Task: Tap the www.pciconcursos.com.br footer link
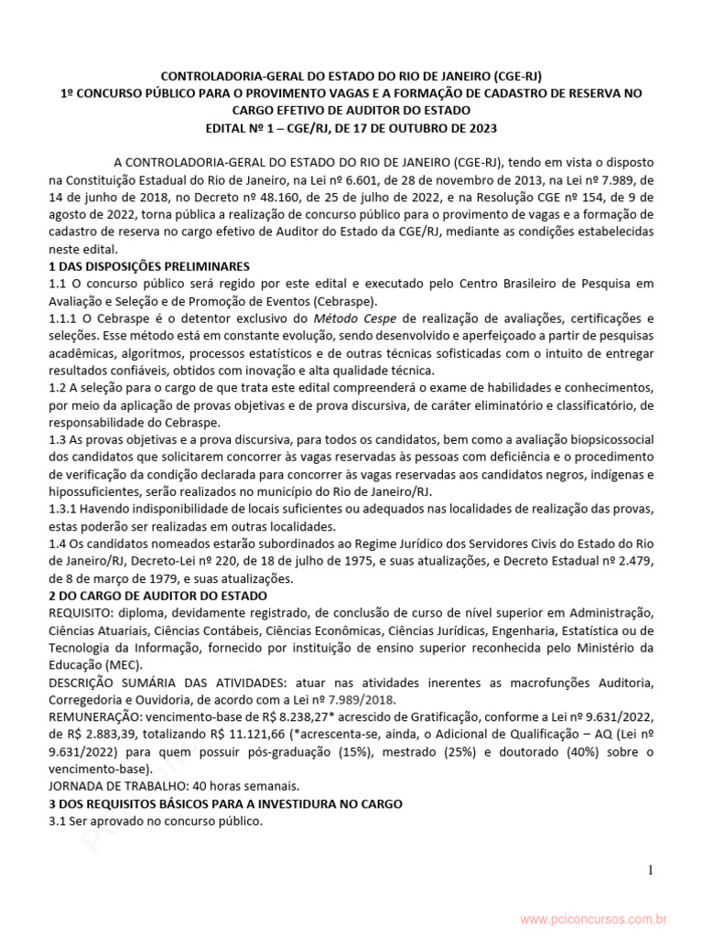point(593,918)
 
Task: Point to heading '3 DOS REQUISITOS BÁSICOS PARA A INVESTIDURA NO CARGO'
point(225,803)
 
